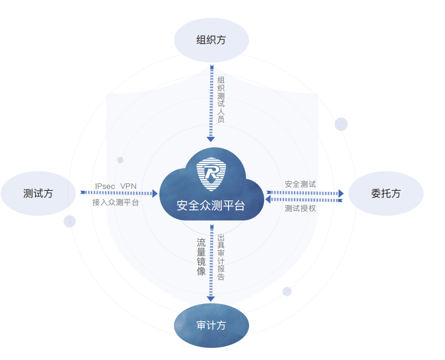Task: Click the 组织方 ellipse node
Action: coord(212,40)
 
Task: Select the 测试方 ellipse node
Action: coord(38,193)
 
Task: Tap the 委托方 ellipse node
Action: coord(386,193)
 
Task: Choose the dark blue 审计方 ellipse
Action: coord(212,325)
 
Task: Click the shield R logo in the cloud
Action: coord(212,174)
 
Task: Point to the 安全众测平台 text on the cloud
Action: coord(211,205)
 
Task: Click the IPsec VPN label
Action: coord(116,186)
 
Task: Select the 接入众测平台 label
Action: coord(115,202)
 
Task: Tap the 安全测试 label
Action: coord(300,184)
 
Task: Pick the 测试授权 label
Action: coord(300,208)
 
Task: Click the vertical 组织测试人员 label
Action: coord(221,99)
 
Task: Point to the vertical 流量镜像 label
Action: coord(201,257)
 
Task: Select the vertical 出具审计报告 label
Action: coord(221,257)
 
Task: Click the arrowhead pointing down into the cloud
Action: coord(211,139)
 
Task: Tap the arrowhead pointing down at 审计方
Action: coord(211,299)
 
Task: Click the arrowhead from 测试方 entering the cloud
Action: coord(155,194)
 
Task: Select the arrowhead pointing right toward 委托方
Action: coord(341,194)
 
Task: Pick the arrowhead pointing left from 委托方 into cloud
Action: coord(268,199)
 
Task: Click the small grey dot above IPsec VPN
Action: coord(120,160)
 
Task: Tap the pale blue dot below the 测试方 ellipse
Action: coord(70,221)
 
